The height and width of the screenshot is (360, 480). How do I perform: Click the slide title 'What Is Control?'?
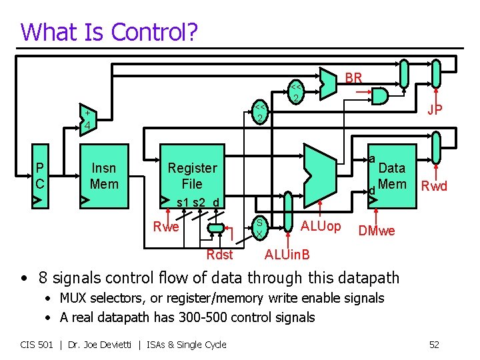coord(109,31)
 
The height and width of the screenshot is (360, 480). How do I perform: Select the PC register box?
coord(41,177)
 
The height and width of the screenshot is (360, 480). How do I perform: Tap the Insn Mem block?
coord(103,177)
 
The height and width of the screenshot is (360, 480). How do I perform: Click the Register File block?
coord(192,176)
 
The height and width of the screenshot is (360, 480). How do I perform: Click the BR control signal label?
coord(353,78)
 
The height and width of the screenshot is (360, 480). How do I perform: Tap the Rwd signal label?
coord(435,186)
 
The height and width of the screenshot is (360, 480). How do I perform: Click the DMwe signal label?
coord(376,231)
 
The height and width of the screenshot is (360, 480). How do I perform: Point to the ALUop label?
coord(321,225)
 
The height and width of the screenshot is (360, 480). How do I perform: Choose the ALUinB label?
coord(287,254)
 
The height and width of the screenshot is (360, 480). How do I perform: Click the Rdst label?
coord(220,254)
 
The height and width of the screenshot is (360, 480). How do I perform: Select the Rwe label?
coord(166,227)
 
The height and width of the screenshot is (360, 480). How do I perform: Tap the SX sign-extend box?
coord(259,228)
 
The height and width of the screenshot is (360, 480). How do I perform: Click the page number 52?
coord(434,344)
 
